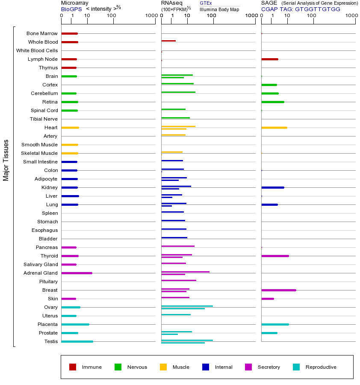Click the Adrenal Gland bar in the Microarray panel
tap(77, 273)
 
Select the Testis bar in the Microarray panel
tap(77, 341)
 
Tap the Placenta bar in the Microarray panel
tap(75, 324)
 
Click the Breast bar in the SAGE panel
tap(278, 290)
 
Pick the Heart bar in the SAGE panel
tap(274, 127)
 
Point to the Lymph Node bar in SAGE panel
tap(269, 59)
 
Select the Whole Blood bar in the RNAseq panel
tap(168, 41)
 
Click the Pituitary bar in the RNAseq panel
tap(179, 280)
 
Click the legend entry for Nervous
tap(137, 367)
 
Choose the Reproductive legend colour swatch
tap(296, 367)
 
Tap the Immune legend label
tap(91, 367)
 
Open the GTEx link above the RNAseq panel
tap(206, 3)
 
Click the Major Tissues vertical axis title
tap(6, 160)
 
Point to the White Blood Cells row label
tap(37, 50)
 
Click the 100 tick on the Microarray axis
tap(112, 16)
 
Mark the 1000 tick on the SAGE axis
tap(351, 16)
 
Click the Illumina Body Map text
tap(219, 9)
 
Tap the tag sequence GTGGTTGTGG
tap(318, 9)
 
